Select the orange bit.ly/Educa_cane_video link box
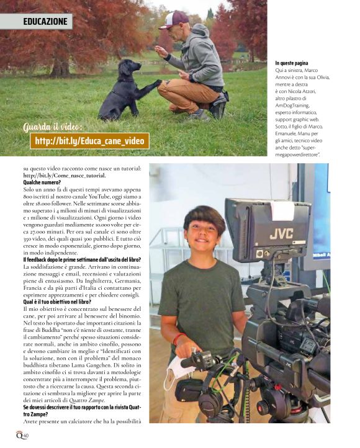[89, 141]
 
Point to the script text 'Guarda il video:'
[52, 128]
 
